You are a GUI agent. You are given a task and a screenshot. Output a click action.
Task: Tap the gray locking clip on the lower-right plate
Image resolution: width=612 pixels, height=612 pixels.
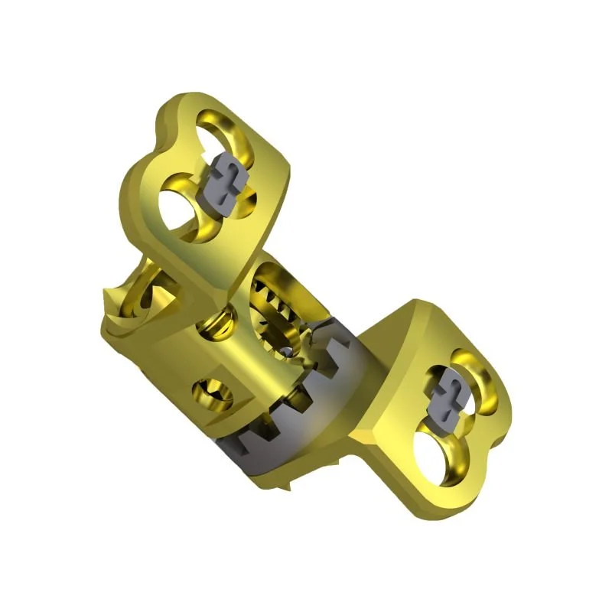[447, 393]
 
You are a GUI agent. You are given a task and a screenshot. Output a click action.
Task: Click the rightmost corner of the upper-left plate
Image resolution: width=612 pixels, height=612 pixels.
[291, 180]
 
